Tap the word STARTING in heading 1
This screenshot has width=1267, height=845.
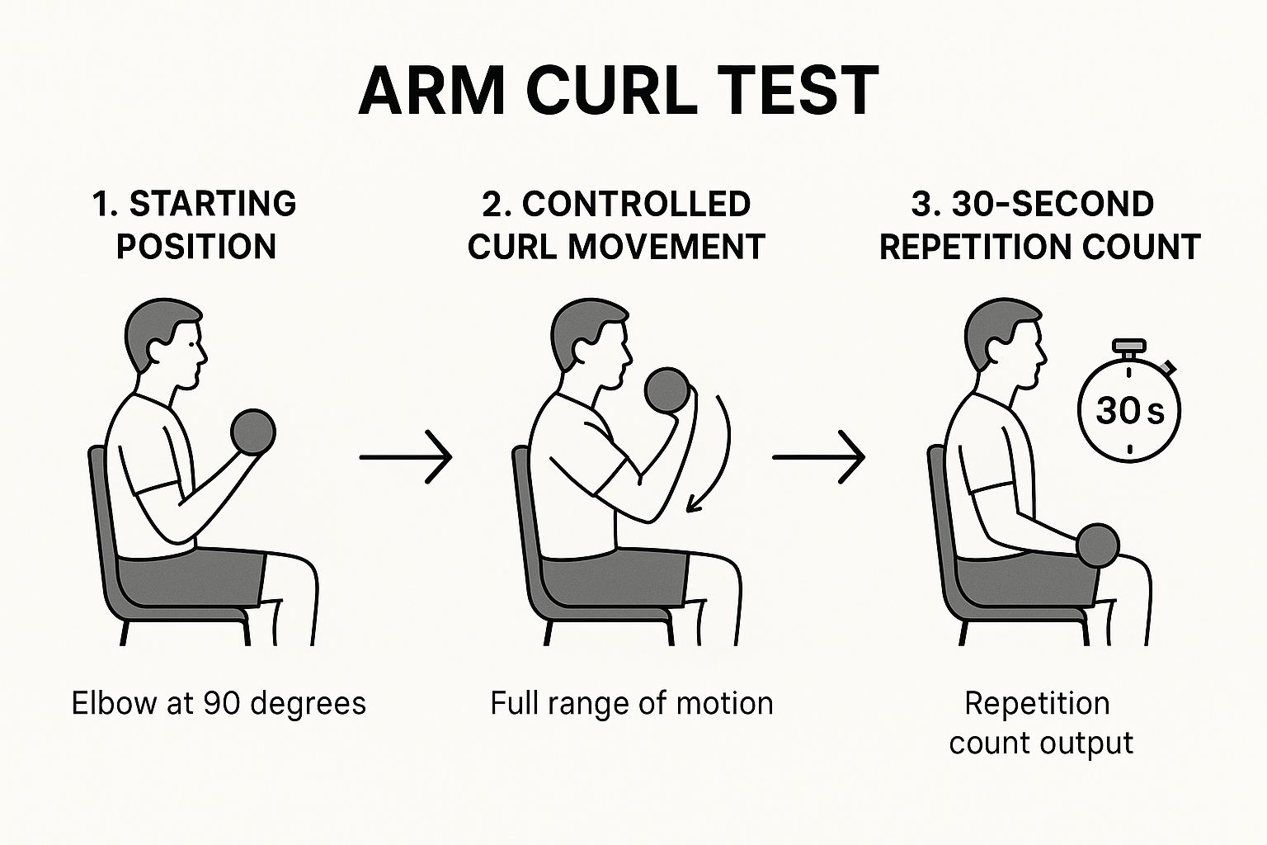pos(213,204)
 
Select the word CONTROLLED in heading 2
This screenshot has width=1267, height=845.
pos(636,205)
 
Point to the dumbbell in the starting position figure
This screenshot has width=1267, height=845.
pos(253,432)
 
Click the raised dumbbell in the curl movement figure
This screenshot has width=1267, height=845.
pos(667,389)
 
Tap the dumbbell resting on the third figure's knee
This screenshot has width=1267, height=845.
pos(1098,545)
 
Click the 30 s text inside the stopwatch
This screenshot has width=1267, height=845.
pos(1129,410)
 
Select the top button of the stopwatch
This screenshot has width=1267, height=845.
pos(1129,346)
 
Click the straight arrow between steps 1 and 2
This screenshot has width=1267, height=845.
pos(406,456)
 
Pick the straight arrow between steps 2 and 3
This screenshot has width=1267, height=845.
pos(818,456)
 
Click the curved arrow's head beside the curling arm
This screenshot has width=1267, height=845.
pos(694,503)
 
